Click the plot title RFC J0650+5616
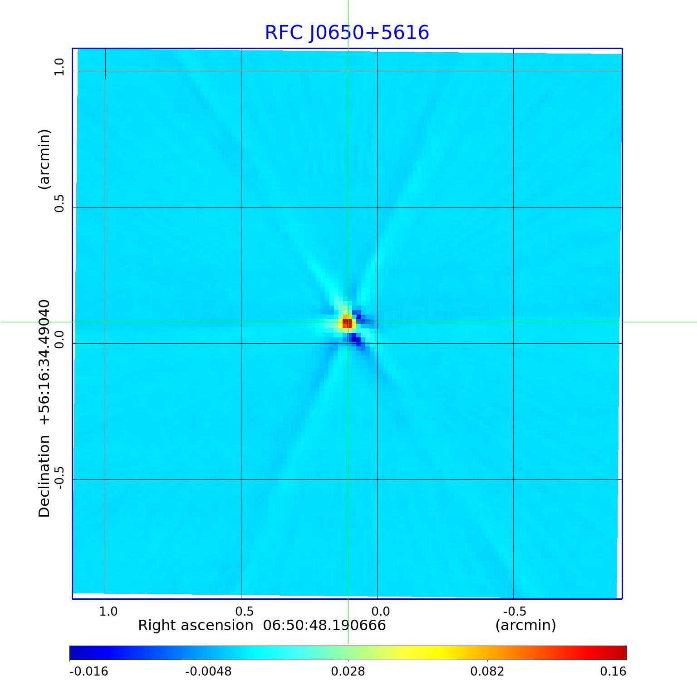pos(347,33)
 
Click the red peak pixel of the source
pos(347,323)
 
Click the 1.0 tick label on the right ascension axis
pos(108,611)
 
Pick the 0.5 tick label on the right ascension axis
pos(244,611)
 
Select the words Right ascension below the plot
pos(196,626)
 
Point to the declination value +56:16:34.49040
pos(44,362)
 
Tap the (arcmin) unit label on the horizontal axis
pos(525,626)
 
